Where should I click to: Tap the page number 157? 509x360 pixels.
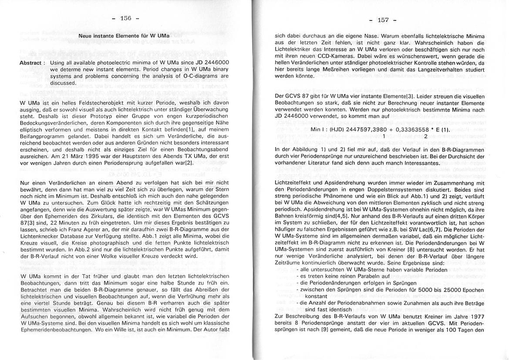coord(383,20)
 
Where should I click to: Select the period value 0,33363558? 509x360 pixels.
coord(408,130)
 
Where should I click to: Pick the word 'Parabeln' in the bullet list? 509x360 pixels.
coord(364,277)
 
